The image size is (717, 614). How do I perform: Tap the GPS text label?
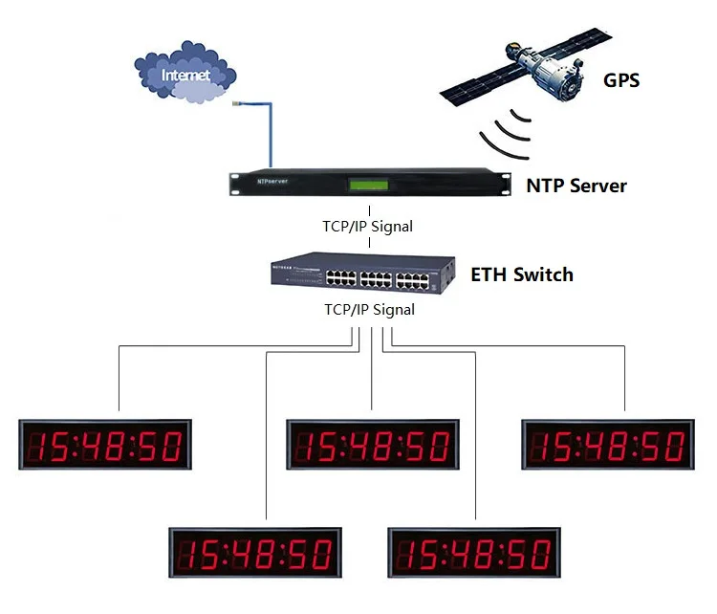(x=621, y=80)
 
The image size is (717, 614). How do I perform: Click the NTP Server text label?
(x=576, y=186)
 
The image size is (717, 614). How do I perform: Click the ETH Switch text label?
(x=522, y=275)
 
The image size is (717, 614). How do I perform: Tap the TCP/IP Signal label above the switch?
(x=369, y=227)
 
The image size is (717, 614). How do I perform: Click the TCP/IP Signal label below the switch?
(x=369, y=310)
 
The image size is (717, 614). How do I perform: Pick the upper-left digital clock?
(x=106, y=445)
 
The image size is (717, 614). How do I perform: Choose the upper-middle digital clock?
(x=373, y=445)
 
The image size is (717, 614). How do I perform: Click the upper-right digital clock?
(x=608, y=445)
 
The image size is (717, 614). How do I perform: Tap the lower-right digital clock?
(x=474, y=554)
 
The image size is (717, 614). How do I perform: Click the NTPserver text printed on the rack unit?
(x=272, y=180)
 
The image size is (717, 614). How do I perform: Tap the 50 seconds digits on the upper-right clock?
(x=662, y=446)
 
